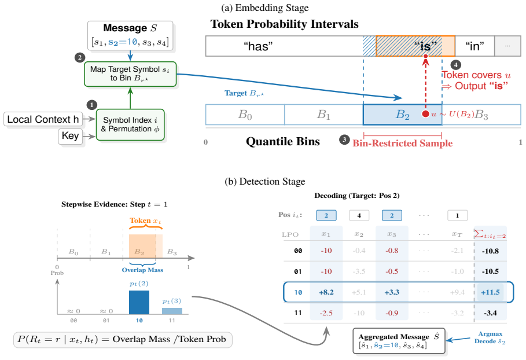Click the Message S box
tap(130, 35)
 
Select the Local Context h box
tap(43, 119)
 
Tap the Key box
tap(71, 136)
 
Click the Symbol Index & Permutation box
tap(130, 124)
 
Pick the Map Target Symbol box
tap(130, 74)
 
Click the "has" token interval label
tap(258, 46)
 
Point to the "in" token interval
tap(474, 46)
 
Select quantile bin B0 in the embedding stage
tap(245, 115)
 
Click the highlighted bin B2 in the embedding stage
tap(402, 115)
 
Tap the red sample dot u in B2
tap(426, 114)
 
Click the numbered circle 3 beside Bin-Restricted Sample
tap(344, 139)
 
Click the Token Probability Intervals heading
tap(285, 24)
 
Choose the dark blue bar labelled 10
tap(139, 302)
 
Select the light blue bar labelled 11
tap(172, 311)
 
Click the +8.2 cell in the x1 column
tap(326, 292)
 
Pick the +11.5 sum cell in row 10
tap(490, 292)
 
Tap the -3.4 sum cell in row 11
tap(490, 313)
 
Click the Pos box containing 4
tap(359, 215)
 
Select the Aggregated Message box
tap(399, 341)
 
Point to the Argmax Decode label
tap(490, 337)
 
